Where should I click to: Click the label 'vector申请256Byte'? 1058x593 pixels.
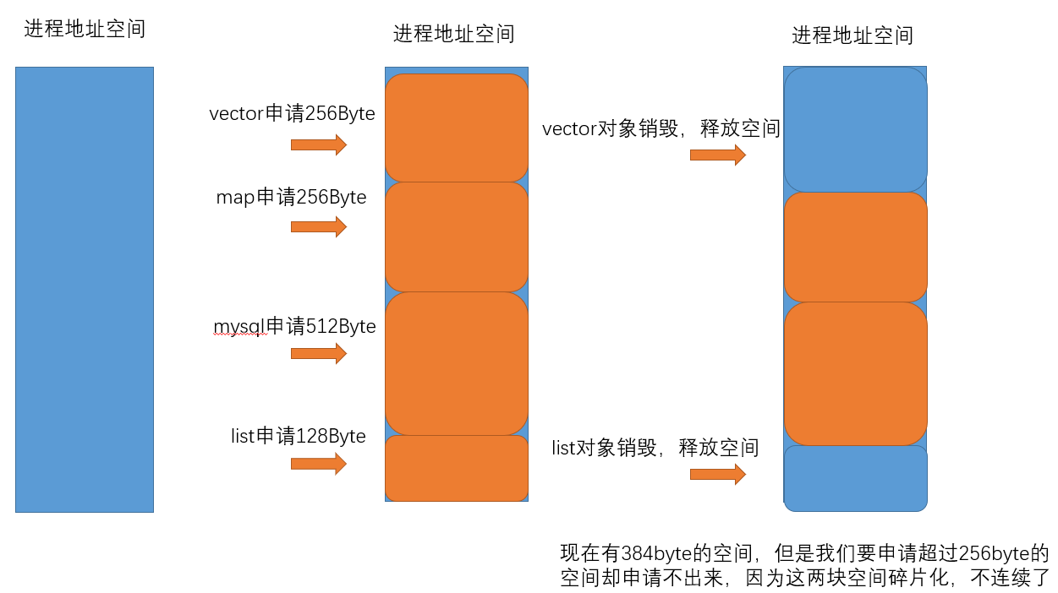(292, 114)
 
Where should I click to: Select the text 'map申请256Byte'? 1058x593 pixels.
(291, 198)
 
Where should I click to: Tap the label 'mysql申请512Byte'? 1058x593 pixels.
(294, 326)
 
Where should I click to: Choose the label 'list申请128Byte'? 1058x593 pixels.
(298, 437)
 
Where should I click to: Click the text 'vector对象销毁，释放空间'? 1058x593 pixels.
(661, 129)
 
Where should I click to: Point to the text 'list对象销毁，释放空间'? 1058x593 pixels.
(655, 448)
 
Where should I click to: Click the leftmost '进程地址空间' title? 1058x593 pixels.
(85, 30)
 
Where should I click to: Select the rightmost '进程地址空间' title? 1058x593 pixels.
(852, 35)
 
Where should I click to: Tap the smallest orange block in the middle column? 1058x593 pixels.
(457, 468)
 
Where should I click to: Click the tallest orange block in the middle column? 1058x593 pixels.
(457, 363)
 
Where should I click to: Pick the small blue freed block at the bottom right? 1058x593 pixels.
(856, 478)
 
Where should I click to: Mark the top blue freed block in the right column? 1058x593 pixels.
(856, 129)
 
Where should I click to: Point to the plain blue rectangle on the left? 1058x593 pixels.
(85, 289)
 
